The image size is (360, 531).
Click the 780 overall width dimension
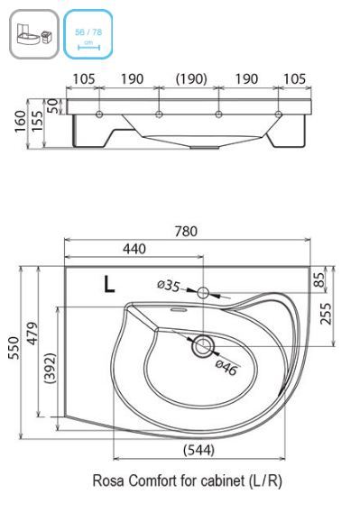[x=186, y=232]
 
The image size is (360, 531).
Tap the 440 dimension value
[x=134, y=249]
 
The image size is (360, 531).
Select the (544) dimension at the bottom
[x=198, y=450]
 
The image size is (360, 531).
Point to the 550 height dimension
[x=14, y=347]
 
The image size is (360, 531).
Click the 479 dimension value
[x=32, y=334]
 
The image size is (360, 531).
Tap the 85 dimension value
[x=318, y=279]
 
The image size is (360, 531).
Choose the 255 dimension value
[x=326, y=314]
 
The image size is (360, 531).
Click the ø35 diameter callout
[x=169, y=286]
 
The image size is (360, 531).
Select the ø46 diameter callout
[x=226, y=368]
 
